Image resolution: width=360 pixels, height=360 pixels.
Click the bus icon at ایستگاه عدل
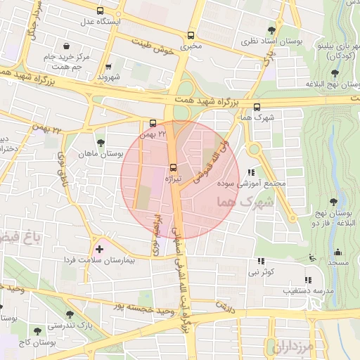100,11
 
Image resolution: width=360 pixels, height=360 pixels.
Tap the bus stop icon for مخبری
191,35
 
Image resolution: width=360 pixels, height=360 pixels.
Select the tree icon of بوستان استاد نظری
271,30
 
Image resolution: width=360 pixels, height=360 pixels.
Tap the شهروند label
109,76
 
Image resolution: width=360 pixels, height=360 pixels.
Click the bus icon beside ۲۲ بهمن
153,122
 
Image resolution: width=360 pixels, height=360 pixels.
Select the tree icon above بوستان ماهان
100,143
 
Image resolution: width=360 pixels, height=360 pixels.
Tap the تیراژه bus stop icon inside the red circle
173,167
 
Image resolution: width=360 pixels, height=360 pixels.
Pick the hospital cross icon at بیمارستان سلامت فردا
99,248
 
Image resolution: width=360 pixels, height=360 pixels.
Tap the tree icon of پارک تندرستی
69,314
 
